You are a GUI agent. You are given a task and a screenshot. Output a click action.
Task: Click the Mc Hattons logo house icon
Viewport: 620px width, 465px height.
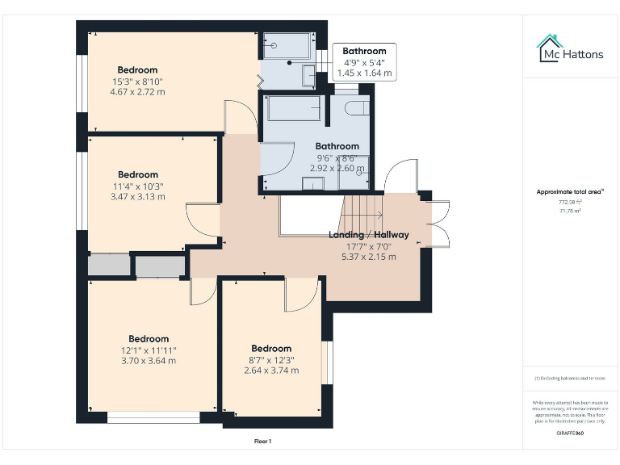click(x=549, y=48)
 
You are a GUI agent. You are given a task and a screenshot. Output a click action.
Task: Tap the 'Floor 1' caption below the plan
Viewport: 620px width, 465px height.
click(x=262, y=442)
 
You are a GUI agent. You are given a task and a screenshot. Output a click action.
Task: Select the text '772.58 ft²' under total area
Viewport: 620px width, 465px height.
click(x=570, y=202)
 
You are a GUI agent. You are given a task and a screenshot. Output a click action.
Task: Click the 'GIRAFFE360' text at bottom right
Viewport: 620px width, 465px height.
click(x=570, y=434)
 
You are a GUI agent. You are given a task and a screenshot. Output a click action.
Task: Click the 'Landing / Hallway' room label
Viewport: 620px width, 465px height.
click(x=368, y=235)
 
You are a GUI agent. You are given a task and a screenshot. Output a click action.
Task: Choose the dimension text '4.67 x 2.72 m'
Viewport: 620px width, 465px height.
click(x=137, y=92)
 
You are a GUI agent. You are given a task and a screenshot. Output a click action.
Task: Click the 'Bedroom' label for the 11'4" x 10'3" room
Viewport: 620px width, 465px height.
click(x=138, y=174)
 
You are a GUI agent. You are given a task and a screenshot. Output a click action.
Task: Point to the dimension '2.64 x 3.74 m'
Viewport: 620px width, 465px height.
click(x=271, y=371)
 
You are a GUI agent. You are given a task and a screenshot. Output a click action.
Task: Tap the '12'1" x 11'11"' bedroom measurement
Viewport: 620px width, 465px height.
click(x=149, y=350)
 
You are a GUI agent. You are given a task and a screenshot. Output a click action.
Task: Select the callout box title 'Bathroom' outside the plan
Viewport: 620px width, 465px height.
click(x=364, y=51)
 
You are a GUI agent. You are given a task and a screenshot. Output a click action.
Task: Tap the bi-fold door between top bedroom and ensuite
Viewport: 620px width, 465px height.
click(x=260, y=81)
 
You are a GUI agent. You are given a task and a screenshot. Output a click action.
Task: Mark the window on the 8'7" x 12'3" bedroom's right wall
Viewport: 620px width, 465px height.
click(x=328, y=362)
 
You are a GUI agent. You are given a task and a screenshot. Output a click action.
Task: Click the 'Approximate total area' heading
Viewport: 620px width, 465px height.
click(x=570, y=191)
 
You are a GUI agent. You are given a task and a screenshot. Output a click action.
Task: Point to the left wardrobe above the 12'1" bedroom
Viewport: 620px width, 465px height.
click(x=109, y=266)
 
